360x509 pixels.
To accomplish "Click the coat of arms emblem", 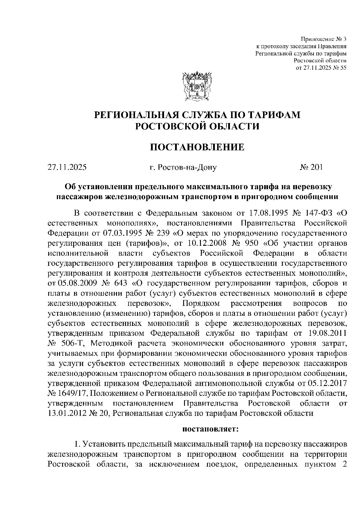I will tap(197, 87).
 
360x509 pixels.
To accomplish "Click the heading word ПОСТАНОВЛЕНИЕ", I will tap(197, 147).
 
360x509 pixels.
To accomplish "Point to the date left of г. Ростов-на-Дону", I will tap(67, 167).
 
